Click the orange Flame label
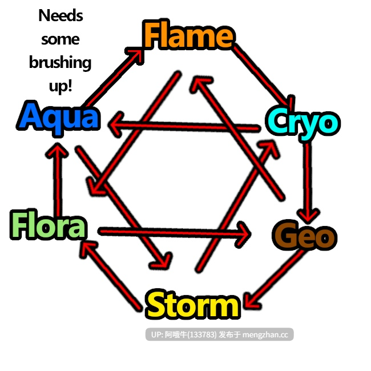tap(188, 35)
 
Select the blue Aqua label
tap(59, 118)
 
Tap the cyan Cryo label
tap(303, 123)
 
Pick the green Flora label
tap(49, 224)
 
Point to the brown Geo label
tap(305, 235)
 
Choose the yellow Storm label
tap(193, 304)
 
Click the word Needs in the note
tap(61, 15)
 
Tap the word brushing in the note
tap(60, 63)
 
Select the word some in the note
tap(61, 39)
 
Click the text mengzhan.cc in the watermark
tap(265, 334)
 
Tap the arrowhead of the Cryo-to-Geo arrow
tap(308, 216)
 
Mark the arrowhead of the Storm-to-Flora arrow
tap(87, 248)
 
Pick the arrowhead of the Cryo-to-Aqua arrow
tap(115, 124)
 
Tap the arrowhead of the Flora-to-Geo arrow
tap(244, 234)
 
